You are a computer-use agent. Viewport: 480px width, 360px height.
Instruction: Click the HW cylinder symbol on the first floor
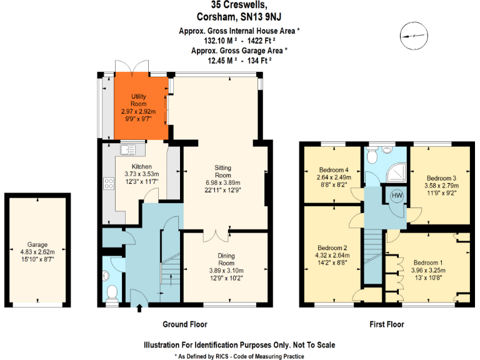(x=396, y=196)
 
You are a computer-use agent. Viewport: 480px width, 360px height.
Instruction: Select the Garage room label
(x=37, y=244)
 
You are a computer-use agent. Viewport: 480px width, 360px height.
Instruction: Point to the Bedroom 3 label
(x=441, y=178)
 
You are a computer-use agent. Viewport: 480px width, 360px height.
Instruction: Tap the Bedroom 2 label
(x=331, y=247)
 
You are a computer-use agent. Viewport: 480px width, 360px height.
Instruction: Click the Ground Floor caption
(x=185, y=324)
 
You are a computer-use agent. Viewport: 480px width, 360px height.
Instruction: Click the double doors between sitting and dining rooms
(x=213, y=235)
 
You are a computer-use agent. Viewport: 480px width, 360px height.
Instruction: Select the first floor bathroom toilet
(x=374, y=157)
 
